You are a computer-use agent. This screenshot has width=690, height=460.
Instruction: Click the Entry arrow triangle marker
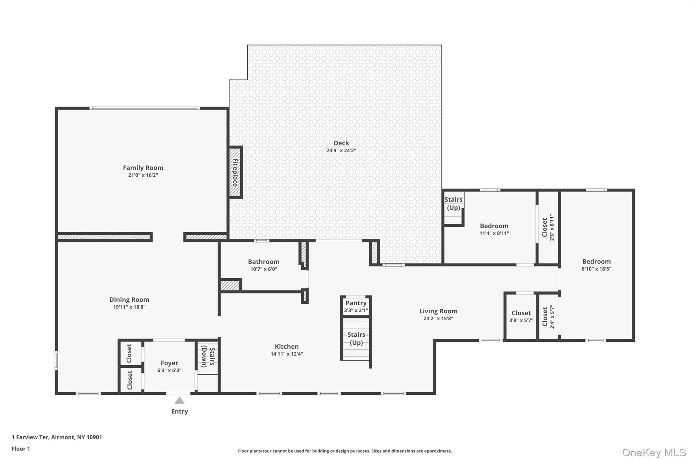coord(179,400)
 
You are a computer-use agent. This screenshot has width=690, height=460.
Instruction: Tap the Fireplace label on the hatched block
coord(235,172)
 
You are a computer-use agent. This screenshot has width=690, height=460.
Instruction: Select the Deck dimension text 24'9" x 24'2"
coord(341,151)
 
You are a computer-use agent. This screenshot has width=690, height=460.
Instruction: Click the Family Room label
coord(143,167)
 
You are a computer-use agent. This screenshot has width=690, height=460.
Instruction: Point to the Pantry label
coord(356,303)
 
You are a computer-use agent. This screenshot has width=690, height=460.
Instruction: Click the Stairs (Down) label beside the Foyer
coord(208,356)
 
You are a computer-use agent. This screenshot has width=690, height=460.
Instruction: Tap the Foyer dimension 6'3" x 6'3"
coord(169,370)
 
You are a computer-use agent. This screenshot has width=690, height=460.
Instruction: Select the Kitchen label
coord(286,346)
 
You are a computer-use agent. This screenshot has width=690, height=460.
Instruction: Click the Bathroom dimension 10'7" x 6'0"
coord(263,269)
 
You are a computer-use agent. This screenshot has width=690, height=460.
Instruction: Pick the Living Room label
coord(438,311)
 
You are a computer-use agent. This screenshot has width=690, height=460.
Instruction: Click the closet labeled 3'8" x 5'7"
coord(521,313)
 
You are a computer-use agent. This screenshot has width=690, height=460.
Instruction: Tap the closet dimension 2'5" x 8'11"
coord(552,227)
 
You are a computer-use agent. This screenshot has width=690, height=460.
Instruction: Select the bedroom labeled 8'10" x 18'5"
coord(596,262)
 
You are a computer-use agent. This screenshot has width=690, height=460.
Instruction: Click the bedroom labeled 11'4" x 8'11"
coord(494,226)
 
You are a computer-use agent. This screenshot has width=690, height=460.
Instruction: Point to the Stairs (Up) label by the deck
coord(453,204)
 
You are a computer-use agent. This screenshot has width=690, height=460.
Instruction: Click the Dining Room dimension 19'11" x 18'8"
coord(129,307)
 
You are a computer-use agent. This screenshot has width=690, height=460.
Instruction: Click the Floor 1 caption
coord(21,449)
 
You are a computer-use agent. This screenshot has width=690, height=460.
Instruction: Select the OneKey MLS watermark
coord(654,452)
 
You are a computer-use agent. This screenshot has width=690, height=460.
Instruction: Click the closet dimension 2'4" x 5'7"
coord(552,316)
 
